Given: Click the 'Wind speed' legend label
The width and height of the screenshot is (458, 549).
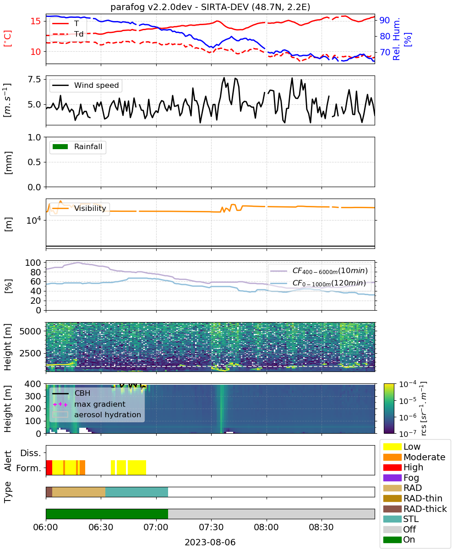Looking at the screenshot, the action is coord(96,85).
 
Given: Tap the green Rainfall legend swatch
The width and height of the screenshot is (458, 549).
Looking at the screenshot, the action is coord(60,146).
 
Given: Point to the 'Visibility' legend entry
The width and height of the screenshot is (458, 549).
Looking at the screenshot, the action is coord(79,208).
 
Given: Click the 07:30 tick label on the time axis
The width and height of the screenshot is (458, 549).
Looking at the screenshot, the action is coord(211,527).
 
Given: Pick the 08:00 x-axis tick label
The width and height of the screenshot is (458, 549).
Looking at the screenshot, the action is coord(266,527).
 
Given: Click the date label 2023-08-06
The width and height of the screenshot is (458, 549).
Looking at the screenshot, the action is coord(210,542).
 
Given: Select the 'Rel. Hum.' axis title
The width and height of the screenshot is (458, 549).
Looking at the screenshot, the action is coord(396,39).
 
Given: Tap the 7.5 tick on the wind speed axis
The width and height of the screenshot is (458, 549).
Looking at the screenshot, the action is coord(35,80).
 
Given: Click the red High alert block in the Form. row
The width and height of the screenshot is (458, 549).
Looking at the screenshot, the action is coord(49,468).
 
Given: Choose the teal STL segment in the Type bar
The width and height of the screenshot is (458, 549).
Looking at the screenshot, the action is coord(136,492).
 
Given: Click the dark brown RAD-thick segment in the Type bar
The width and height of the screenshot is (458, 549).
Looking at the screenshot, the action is coord(49,492).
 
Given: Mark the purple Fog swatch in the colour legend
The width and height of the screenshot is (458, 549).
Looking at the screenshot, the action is coord(392,478).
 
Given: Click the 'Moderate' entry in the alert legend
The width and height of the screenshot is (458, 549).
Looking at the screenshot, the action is coord(414,457).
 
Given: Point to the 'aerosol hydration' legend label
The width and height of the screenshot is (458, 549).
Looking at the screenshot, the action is coord(108,414).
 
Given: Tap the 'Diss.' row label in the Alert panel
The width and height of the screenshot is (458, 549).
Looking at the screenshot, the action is coord(31,453).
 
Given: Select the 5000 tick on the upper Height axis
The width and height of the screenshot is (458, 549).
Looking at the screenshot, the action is coord(30,331).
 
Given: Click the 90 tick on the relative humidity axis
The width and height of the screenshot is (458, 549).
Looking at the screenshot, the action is coord(385,20).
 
